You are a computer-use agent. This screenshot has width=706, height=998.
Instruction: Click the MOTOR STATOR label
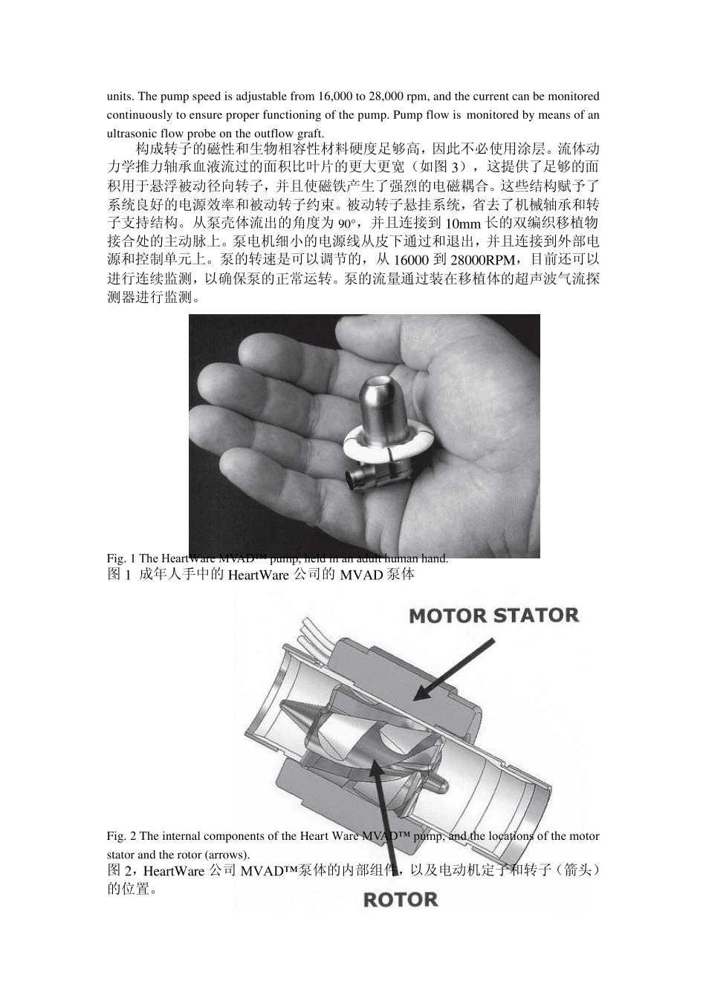[x=493, y=616]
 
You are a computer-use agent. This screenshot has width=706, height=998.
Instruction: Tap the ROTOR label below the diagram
[x=401, y=900]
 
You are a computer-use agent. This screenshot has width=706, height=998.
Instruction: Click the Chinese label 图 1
[x=120, y=575]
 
